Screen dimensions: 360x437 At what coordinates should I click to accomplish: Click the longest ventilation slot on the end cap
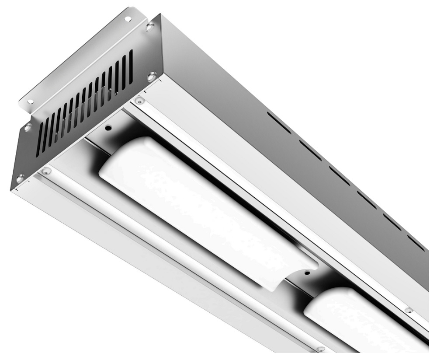[129, 68]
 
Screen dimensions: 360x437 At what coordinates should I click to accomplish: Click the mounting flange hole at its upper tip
[128, 19]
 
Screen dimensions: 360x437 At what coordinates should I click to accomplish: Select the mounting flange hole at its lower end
[30, 101]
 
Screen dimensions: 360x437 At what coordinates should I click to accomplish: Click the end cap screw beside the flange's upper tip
[150, 27]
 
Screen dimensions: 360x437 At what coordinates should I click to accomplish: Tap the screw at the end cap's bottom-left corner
[20, 178]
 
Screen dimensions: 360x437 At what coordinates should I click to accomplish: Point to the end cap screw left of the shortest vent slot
[28, 127]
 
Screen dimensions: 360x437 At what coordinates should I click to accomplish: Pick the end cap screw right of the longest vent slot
[151, 76]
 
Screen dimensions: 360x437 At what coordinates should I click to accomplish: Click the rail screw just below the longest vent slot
[139, 101]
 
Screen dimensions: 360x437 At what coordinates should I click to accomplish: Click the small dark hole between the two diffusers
[307, 273]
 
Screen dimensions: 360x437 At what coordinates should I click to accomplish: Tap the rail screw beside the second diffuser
[409, 310]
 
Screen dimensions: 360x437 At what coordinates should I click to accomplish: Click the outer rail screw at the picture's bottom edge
[321, 349]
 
